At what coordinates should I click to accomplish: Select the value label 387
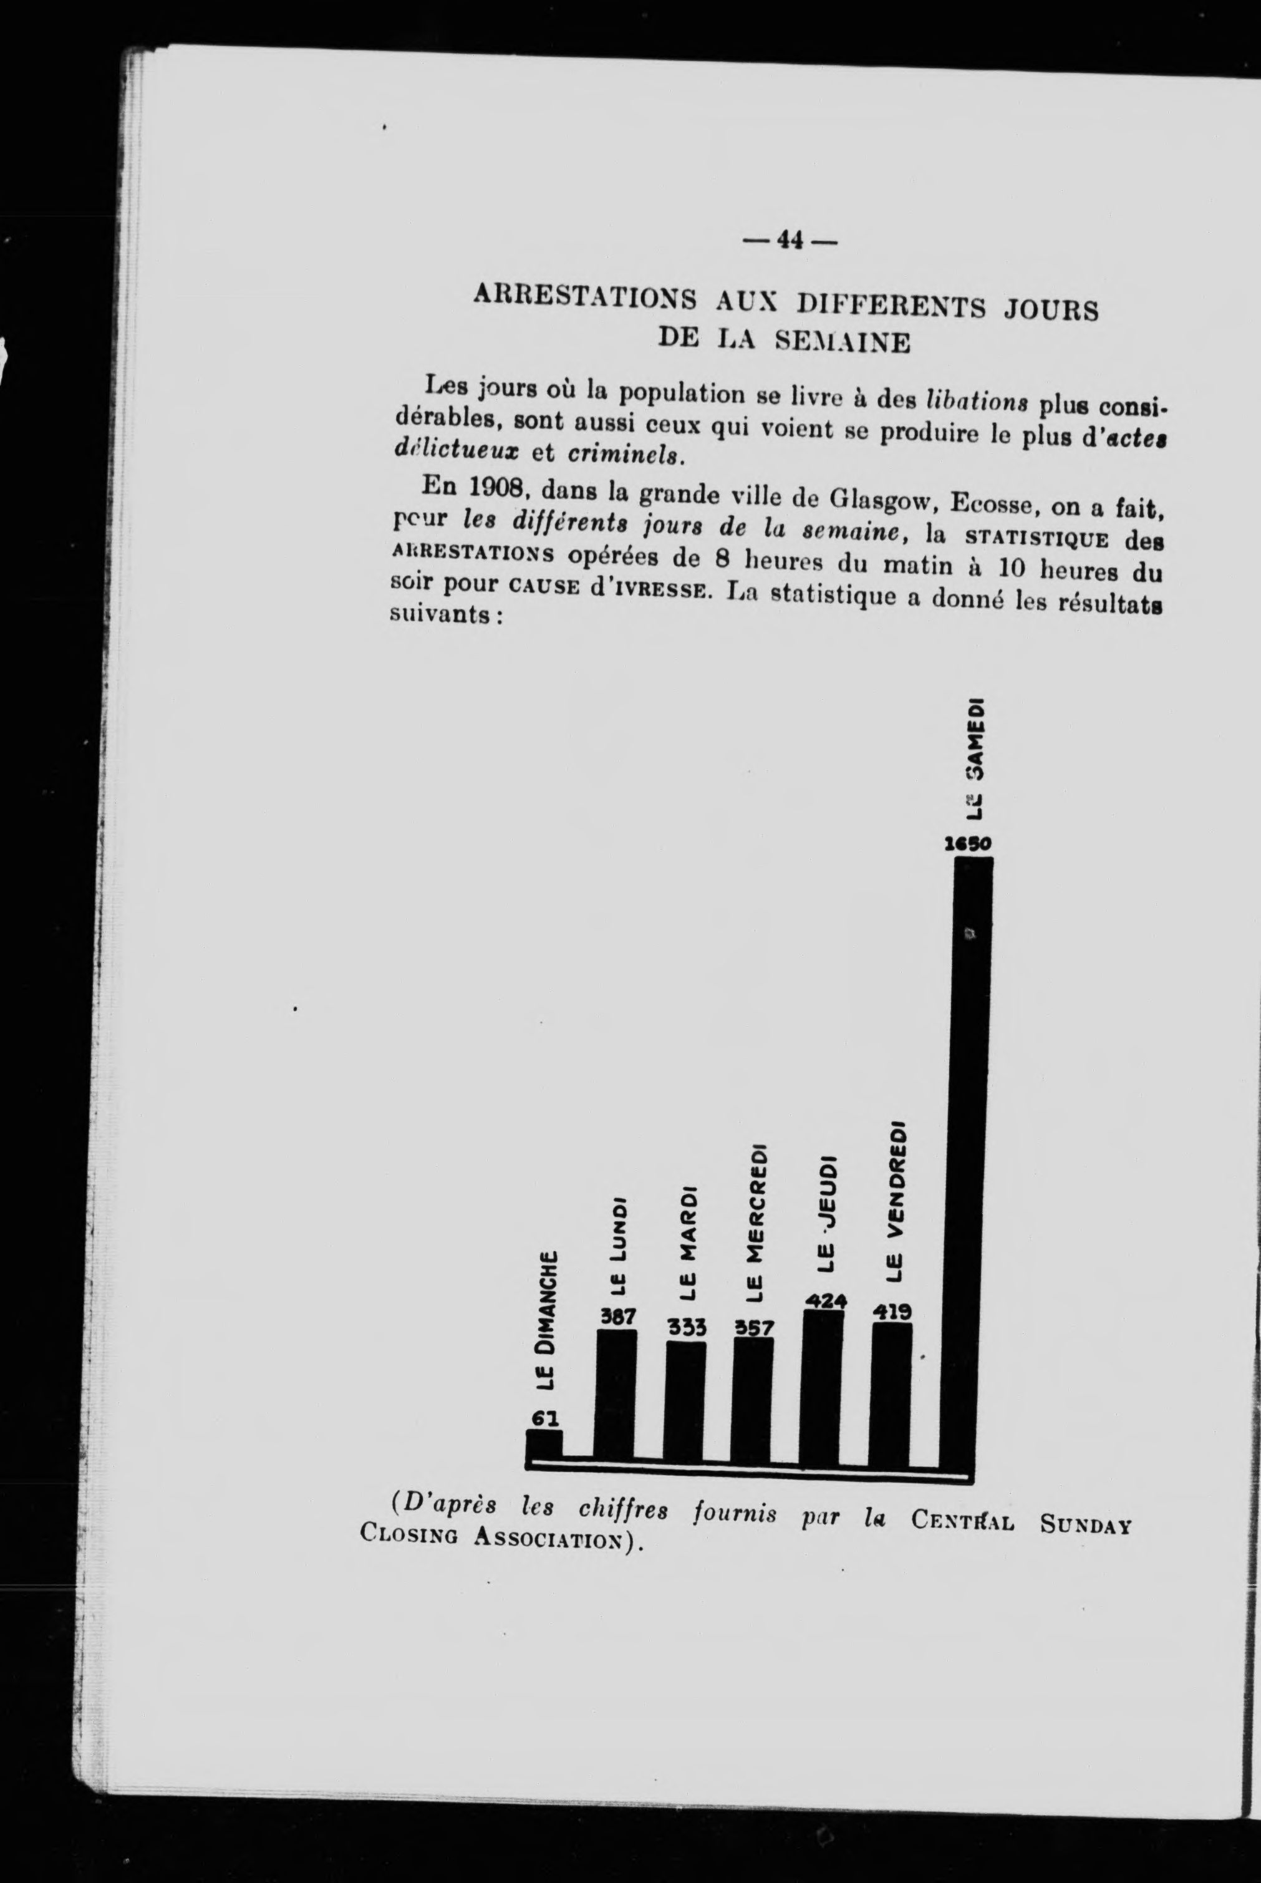tap(617, 1317)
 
